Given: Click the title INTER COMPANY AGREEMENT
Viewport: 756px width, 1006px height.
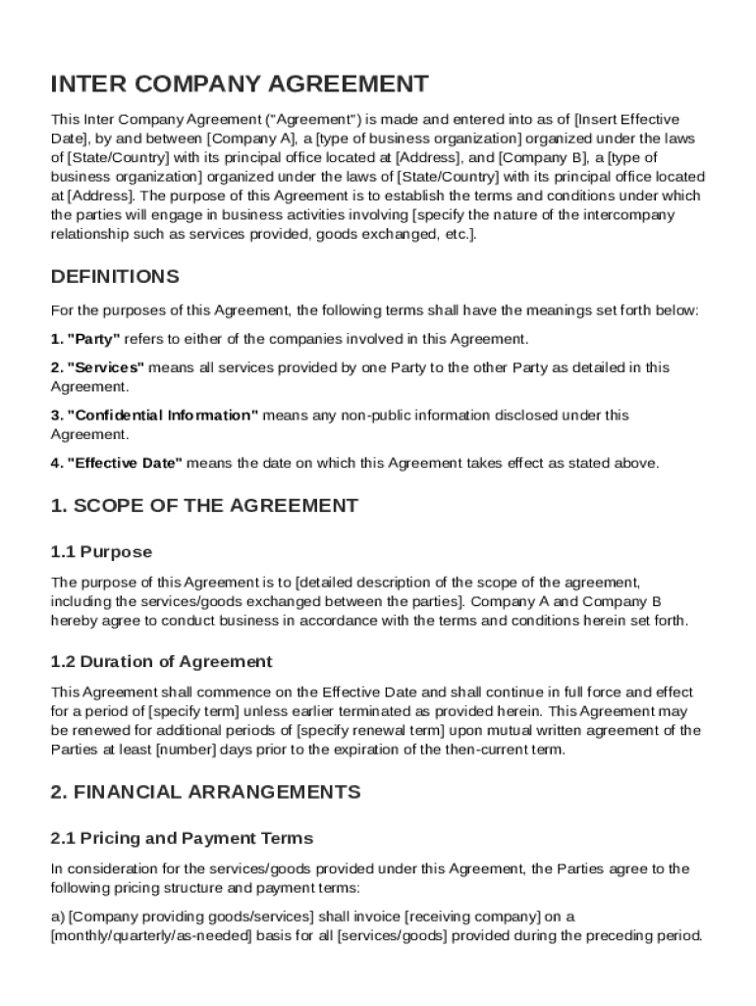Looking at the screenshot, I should tap(240, 84).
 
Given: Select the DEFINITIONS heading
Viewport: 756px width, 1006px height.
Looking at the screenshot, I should tap(115, 276).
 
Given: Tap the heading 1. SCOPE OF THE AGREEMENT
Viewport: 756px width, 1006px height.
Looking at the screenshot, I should tap(204, 506).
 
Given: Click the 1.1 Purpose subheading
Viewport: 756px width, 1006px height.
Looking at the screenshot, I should tap(101, 552).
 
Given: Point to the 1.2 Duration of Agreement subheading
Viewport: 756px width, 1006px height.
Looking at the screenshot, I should tap(161, 661).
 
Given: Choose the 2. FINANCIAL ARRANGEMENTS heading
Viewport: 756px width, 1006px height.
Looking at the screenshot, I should tap(205, 791).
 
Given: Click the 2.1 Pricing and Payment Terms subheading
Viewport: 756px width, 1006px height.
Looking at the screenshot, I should tap(182, 838).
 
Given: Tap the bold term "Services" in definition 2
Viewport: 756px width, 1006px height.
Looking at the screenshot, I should tap(105, 367).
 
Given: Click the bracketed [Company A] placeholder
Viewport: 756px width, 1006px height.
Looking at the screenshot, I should tap(249, 139).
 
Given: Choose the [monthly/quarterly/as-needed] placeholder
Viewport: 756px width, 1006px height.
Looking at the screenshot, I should tap(150, 936).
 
